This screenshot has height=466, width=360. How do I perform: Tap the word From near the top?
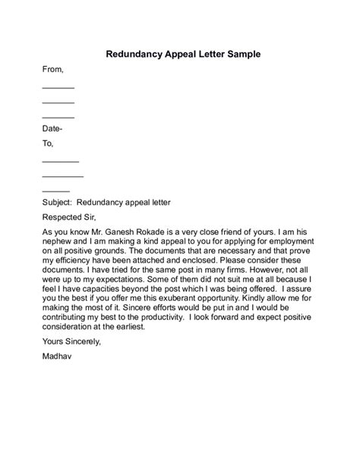tap(53, 71)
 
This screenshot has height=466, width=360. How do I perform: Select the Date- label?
tap(52, 130)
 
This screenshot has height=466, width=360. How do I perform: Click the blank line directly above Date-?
tap(58, 117)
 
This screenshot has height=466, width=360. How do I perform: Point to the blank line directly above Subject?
tap(55, 190)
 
